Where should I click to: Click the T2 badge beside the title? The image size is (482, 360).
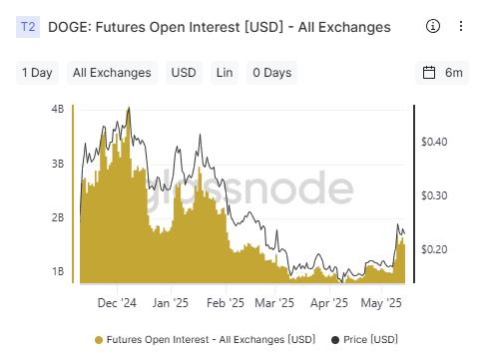click(27, 28)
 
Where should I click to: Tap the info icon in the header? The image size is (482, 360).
click(432, 26)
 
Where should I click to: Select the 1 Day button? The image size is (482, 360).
click(37, 73)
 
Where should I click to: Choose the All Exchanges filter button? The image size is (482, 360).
click(112, 73)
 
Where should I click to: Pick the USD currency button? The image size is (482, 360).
click(184, 73)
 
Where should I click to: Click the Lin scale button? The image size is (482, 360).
click(225, 73)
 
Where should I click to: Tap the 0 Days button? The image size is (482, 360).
click(270, 73)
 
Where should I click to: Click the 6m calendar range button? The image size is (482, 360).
click(443, 73)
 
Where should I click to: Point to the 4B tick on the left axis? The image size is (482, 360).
click(57, 108)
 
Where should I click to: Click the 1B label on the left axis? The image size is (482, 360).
click(57, 271)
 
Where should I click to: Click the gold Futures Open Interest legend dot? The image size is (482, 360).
click(98, 340)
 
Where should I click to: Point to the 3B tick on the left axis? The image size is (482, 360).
click(57, 163)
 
